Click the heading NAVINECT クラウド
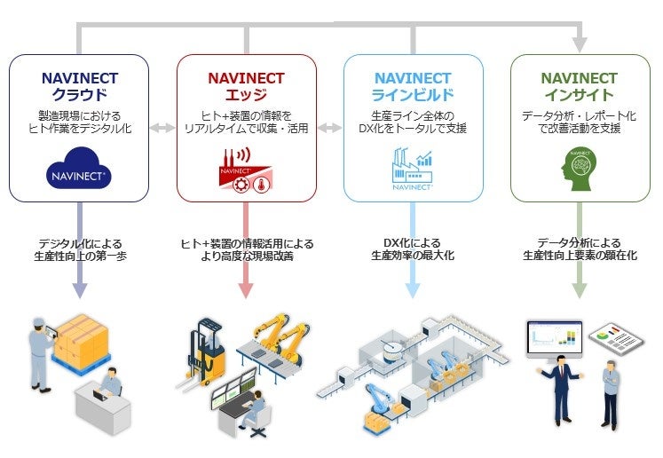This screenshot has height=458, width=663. pyautogui.click(x=79, y=86)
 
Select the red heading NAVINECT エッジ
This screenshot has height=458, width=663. pyautogui.click(x=246, y=86)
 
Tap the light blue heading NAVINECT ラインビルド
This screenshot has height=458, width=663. pyautogui.click(x=413, y=86)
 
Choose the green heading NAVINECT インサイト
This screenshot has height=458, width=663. pyautogui.click(x=579, y=86)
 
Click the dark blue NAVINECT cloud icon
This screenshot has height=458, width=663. pyautogui.click(x=79, y=171)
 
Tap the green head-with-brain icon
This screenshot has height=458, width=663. pyautogui.click(x=579, y=169)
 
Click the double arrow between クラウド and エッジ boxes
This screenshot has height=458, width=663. pyautogui.click(x=162, y=129)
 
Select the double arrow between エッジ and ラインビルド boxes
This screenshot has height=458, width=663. pyautogui.click(x=329, y=129)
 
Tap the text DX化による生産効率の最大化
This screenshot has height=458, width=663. pyautogui.click(x=413, y=249)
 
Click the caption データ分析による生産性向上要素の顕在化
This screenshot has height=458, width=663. pyautogui.click(x=579, y=249)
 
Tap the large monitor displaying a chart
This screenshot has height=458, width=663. pyautogui.click(x=555, y=338)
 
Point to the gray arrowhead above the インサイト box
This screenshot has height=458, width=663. pyautogui.click(x=579, y=43)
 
